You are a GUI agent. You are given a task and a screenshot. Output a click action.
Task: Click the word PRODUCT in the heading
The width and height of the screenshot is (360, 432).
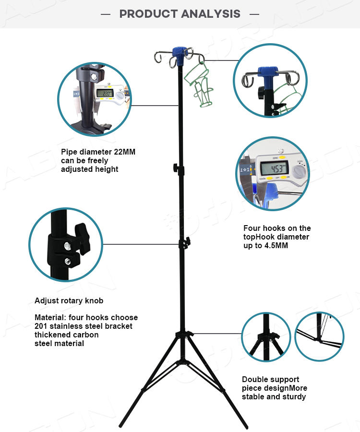147,13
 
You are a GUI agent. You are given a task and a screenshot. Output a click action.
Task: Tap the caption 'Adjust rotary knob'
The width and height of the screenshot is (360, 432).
69,301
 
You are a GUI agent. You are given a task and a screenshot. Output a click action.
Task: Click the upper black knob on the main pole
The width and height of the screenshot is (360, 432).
177,168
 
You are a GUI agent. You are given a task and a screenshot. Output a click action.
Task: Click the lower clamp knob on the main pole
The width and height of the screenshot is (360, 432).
185,243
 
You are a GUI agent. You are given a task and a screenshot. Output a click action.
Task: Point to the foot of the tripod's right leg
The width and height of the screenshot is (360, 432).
245,426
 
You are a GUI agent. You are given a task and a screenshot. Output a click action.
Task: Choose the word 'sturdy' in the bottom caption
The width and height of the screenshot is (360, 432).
293,397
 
